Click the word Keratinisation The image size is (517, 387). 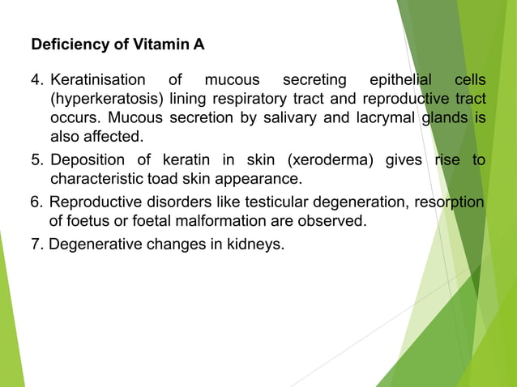click(98, 80)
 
